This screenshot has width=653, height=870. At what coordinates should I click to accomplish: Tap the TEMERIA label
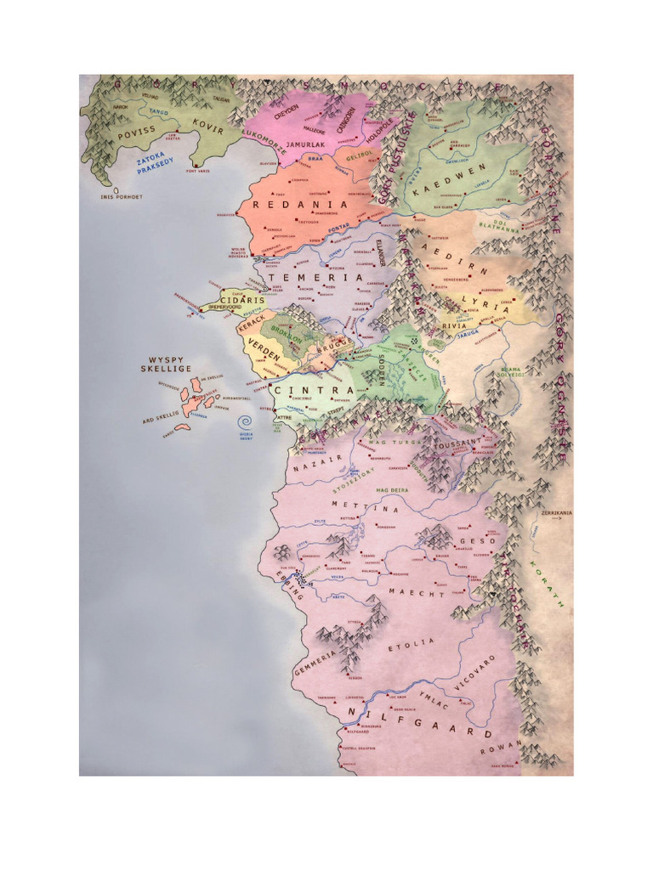tap(315, 278)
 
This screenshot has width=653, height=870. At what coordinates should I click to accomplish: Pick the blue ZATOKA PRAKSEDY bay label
tap(155, 161)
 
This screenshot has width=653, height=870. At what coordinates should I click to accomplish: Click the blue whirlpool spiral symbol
tap(247, 422)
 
